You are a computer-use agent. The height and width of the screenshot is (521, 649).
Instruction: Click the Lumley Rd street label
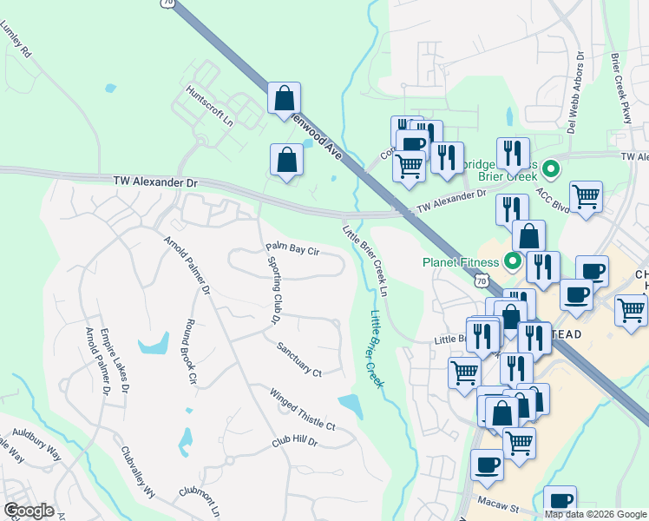point(18,40)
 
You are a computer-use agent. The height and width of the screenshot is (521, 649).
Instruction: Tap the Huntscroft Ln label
point(210,105)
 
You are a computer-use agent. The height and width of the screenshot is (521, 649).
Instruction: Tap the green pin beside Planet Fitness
point(513,260)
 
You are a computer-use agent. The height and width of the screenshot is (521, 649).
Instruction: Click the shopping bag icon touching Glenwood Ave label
point(284,99)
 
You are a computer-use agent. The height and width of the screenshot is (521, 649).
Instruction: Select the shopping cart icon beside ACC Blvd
point(587,196)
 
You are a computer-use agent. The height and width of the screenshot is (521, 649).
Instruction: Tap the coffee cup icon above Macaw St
point(487,465)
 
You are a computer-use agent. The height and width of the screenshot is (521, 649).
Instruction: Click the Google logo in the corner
point(29,511)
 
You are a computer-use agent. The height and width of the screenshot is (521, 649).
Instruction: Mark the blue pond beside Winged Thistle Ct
point(351,404)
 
